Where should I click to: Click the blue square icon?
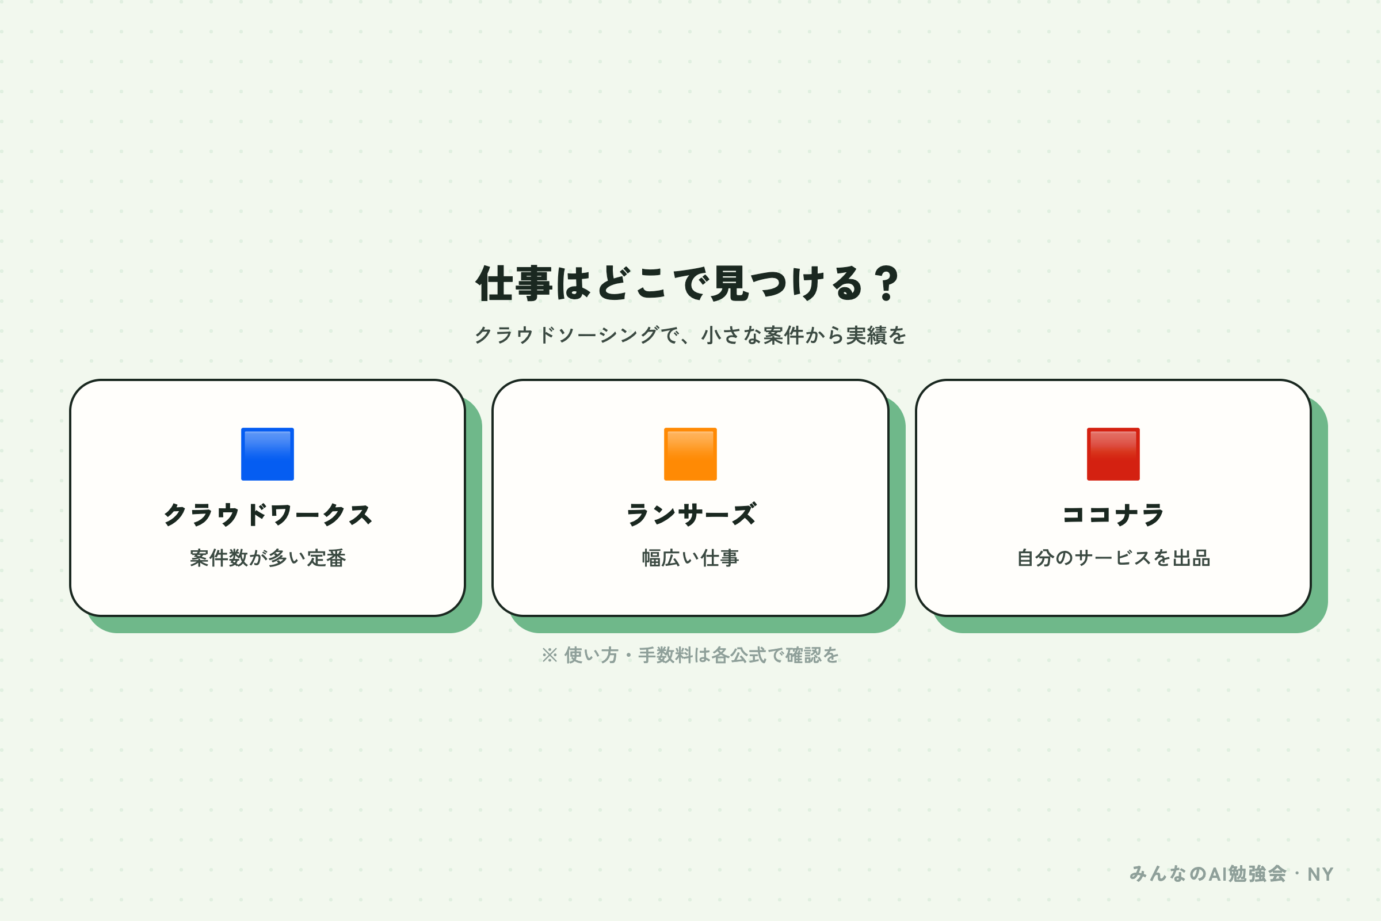[x=267, y=454]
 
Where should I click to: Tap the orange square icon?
[x=690, y=454]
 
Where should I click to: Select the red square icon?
[x=1113, y=454]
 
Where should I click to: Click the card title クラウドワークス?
[x=267, y=515]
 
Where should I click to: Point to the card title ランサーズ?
[x=690, y=515]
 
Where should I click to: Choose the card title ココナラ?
[x=1113, y=515]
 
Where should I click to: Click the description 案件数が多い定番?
[x=267, y=558]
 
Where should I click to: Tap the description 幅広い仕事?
[x=690, y=558]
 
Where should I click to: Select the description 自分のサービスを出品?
[x=1113, y=558]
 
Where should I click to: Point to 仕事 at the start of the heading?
[x=514, y=283]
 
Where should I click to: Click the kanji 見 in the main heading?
[x=730, y=283]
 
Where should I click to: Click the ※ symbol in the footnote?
[x=550, y=655]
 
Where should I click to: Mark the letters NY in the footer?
[x=1321, y=874]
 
